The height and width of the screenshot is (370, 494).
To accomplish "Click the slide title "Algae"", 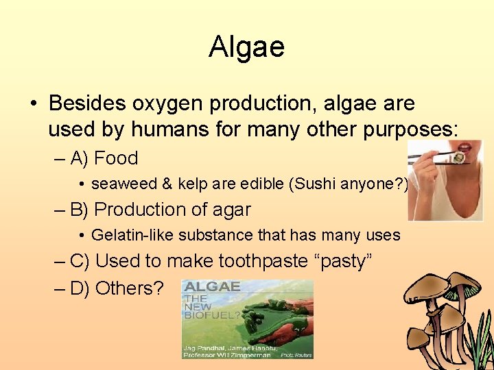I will (x=246, y=47).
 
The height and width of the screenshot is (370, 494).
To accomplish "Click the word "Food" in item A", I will (x=116, y=158).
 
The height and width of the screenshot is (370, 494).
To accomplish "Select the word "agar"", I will (x=232, y=210).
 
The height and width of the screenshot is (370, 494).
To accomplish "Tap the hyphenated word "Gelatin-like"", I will (x=132, y=235).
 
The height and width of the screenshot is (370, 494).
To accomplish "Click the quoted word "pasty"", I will (x=340, y=261).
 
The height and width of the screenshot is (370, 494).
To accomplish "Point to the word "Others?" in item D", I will (x=130, y=288).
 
